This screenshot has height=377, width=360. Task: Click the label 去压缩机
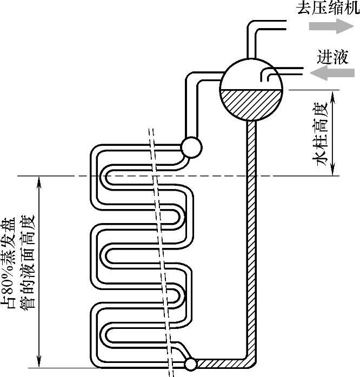328,9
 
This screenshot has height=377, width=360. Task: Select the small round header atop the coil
191,146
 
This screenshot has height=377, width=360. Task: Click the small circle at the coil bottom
190,365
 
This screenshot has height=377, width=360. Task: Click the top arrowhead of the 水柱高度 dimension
336,93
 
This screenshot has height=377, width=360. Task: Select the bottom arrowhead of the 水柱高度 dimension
336,171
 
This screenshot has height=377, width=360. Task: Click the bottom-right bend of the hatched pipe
250,362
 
